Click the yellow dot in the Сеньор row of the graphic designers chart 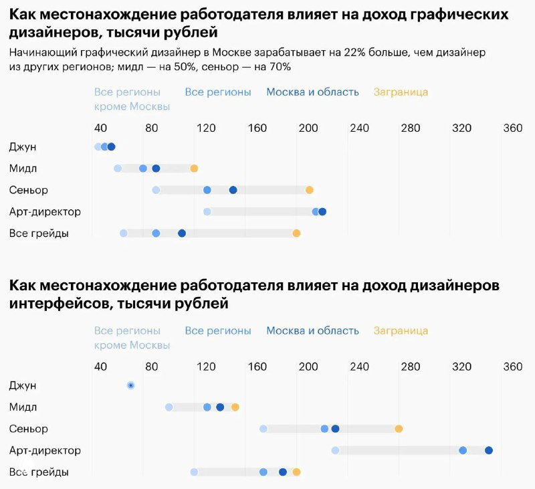pos(310,190)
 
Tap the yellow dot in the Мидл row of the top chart pos(194,169)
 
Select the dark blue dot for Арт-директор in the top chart pos(322,212)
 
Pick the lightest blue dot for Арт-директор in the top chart pos(207,212)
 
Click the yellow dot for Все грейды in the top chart pos(296,233)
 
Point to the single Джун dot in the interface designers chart pos(130,385)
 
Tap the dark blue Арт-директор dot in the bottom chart pos(489,450)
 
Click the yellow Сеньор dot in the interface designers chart pos(399,429)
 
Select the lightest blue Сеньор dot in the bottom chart pos(263,429)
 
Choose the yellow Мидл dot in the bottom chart pos(235,407)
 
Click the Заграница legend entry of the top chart pos(401,92)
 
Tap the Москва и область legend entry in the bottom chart pos(312,330)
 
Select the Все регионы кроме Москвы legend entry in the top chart pos(132,99)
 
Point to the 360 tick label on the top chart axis pos(512,128)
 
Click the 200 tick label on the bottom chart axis pos(308,367)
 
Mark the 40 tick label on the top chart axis pos(100,128)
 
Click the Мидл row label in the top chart pos(23,169)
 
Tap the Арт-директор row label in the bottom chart pos(45,450)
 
